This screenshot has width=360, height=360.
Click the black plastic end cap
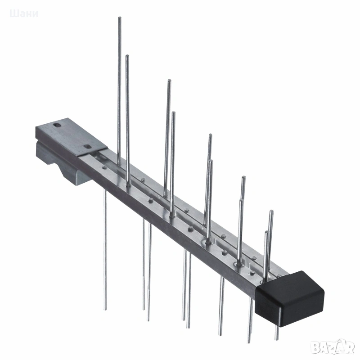tap(290, 298)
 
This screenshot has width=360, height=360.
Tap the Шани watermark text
tap(24, 14)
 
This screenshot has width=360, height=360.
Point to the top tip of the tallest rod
tap(120, 18)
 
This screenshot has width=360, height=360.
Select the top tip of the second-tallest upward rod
tap(127, 56)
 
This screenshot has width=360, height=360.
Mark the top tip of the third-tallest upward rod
tap(170, 81)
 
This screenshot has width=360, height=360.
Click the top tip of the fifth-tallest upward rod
tap(210, 135)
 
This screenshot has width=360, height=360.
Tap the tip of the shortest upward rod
tap(266, 232)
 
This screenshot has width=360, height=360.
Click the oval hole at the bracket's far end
tap(57, 125)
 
